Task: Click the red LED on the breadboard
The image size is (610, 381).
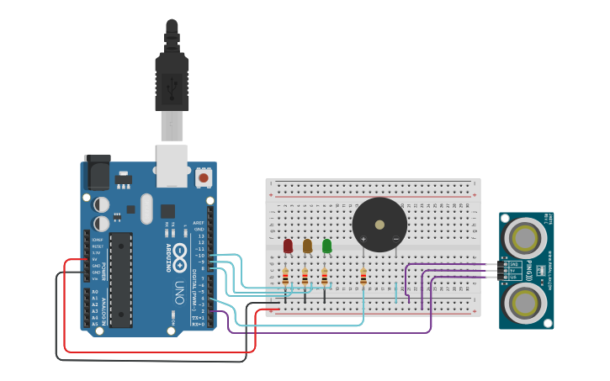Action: [288, 246]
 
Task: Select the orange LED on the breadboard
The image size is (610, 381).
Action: [307, 246]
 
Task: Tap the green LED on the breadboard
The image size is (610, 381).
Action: [326, 246]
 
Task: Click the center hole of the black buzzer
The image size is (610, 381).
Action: [379, 225]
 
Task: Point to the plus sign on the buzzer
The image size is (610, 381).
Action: [363, 240]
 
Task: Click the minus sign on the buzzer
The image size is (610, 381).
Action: [395, 240]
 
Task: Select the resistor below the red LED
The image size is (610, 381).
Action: [285, 277]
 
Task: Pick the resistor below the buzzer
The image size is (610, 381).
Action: [363, 277]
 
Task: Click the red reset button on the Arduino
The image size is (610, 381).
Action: [204, 177]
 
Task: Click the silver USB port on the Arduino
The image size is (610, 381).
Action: [172, 166]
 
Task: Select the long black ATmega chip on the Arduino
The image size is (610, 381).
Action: [121, 279]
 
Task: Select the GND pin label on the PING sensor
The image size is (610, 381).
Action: [513, 264]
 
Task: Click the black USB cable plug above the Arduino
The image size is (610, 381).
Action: [172, 81]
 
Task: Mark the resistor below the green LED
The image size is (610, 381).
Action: [325, 277]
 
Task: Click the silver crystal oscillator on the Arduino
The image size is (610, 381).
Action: [147, 209]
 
